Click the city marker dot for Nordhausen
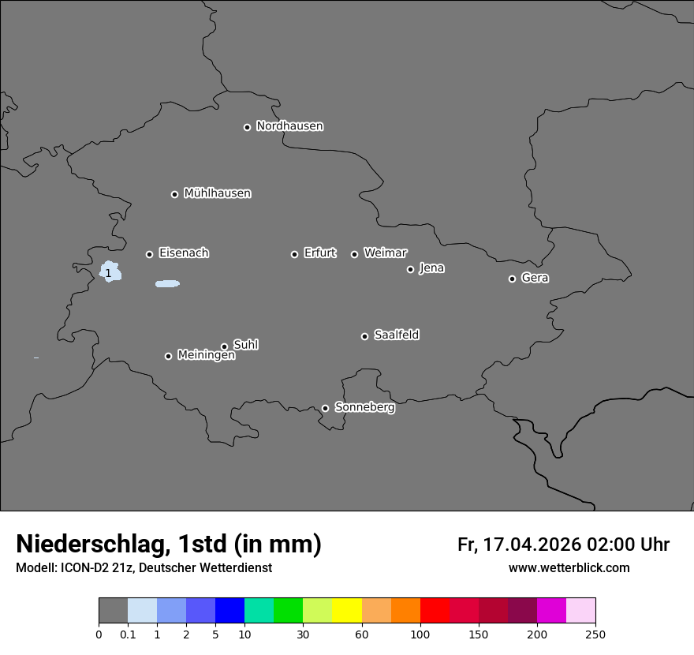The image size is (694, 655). click(247, 127)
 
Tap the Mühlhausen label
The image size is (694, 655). click(217, 193)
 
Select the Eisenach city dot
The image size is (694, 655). click(149, 254)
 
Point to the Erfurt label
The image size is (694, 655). click(319, 253)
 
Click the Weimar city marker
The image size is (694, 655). click(354, 254)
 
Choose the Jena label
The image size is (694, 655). click(431, 268)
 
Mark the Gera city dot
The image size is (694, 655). click(512, 279)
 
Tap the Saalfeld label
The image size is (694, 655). click(396, 335)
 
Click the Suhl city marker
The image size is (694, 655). click(224, 346)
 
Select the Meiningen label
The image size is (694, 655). click(206, 356)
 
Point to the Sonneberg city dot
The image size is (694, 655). click(325, 408)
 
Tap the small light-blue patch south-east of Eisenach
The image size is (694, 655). click(167, 283)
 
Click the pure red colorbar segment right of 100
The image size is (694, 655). click(435, 611)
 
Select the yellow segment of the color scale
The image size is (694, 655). click(347, 611)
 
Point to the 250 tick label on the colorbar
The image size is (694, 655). click(595, 634)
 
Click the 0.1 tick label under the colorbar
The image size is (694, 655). click(128, 634)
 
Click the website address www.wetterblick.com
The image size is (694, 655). click(569, 567)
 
